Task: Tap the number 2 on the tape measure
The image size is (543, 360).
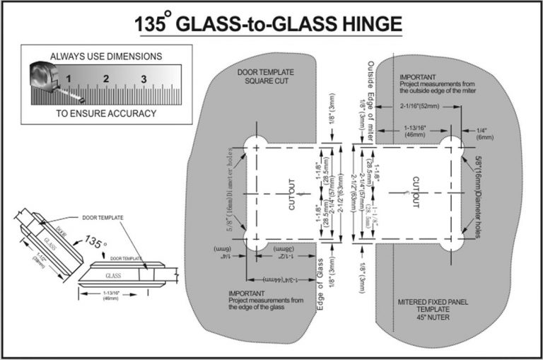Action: (x=105, y=78)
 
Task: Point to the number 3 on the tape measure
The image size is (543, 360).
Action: (x=143, y=78)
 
